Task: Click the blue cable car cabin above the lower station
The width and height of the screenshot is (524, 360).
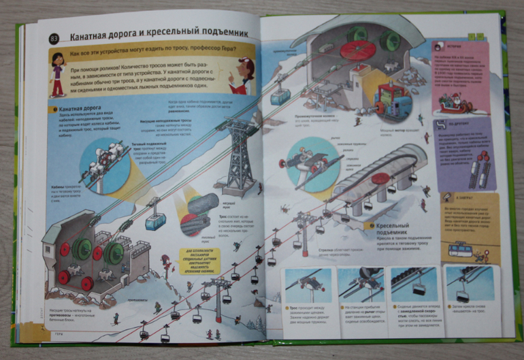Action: [155, 219]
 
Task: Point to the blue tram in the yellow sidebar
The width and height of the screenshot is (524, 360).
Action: [461, 250]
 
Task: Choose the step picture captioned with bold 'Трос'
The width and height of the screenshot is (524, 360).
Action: [308, 285]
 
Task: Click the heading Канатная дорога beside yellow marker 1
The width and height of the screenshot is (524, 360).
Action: [80, 108]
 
